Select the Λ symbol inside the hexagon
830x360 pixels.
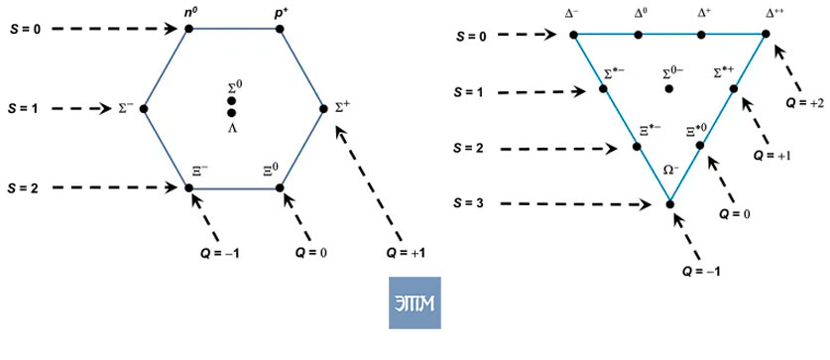(x=231, y=128)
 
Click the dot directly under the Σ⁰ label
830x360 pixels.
(x=231, y=101)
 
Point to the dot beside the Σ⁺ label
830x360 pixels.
(x=324, y=108)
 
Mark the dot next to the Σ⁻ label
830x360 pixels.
(x=143, y=108)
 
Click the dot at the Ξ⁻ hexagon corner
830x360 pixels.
(x=188, y=187)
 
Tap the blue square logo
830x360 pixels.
(x=415, y=302)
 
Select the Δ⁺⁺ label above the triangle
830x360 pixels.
(x=766, y=11)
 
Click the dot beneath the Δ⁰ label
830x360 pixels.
(x=639, y=35)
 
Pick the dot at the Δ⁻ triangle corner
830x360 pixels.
(x=573, y=35)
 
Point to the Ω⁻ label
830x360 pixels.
(x=671, y=171)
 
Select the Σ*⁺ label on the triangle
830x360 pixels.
(x=726, y=71)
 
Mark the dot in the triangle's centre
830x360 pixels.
(x=669, y=88)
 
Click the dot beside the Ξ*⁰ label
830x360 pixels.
(x=700, y=145)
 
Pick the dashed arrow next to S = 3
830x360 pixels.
(x=576, y=204)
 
